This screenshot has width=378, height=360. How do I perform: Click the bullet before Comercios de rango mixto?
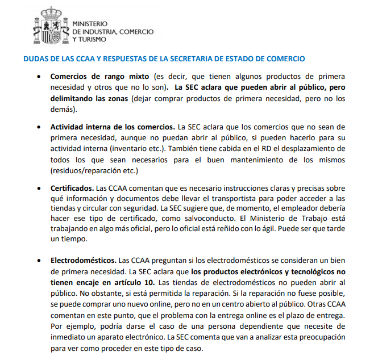[x=38, y=76]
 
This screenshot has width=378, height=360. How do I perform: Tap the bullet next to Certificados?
[x=38, y=188]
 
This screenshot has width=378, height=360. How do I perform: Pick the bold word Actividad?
[x=67, y=127]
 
